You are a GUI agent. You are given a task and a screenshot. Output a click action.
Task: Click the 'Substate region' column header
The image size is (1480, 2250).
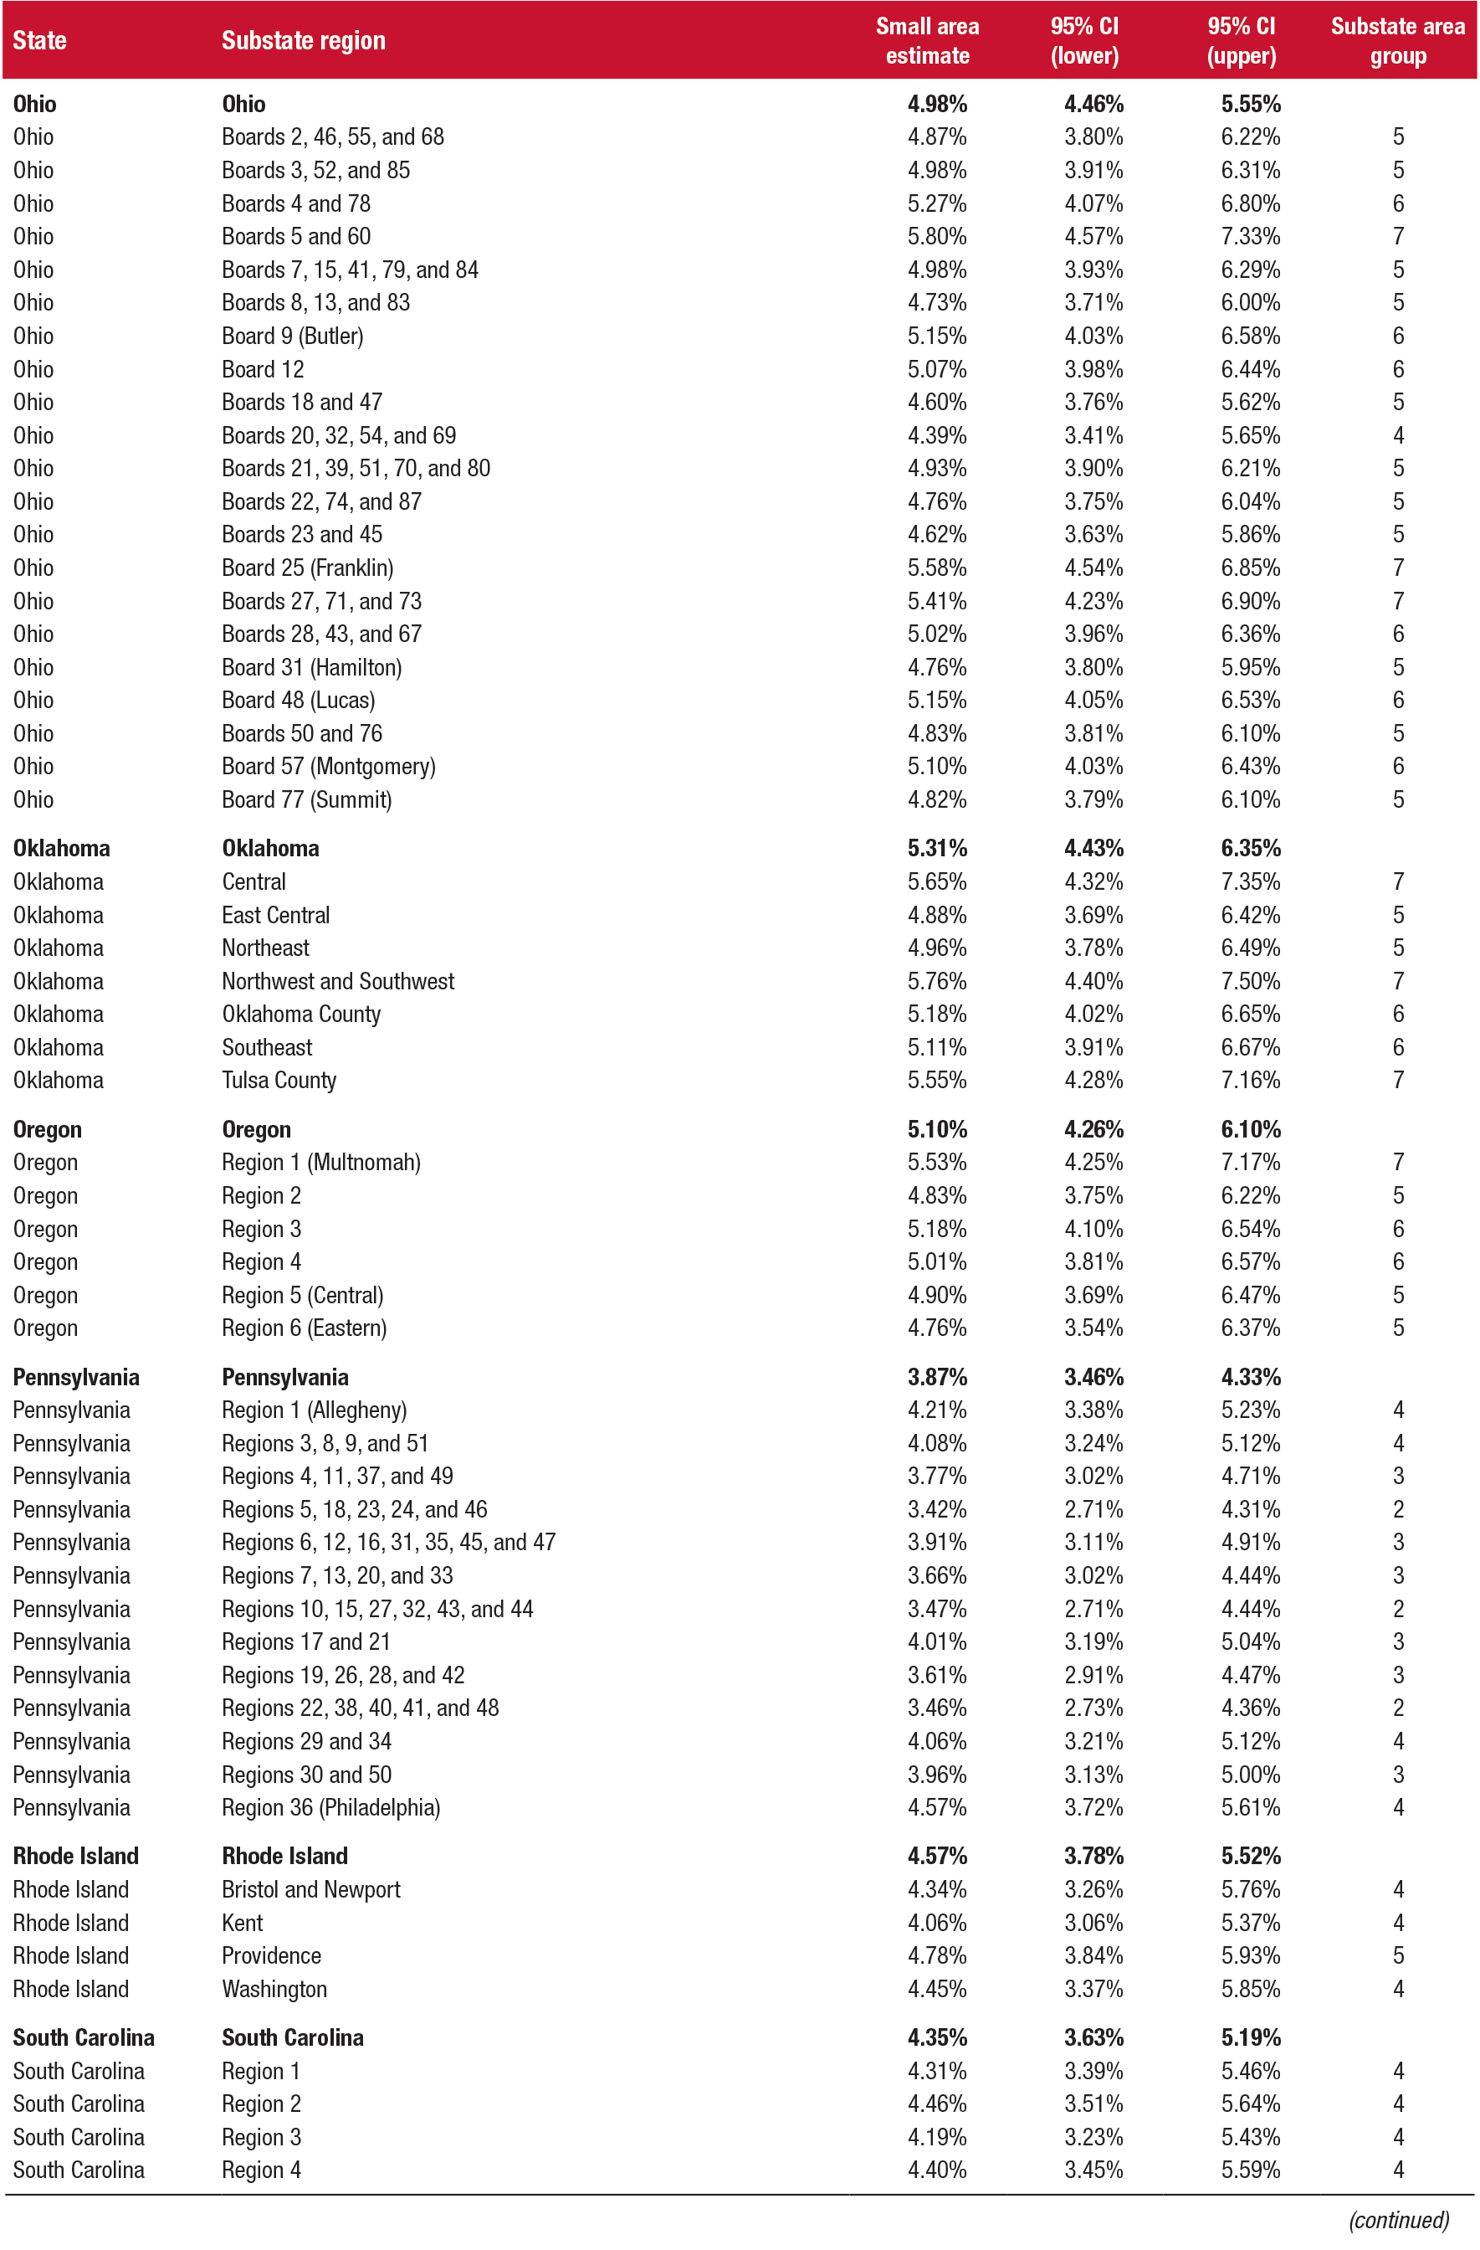304,41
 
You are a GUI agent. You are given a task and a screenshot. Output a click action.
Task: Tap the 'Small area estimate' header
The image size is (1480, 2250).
926,41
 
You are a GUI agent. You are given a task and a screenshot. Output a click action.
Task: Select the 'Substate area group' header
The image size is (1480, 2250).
1397,41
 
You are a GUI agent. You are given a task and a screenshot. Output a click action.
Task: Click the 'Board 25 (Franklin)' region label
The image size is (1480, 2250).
307,568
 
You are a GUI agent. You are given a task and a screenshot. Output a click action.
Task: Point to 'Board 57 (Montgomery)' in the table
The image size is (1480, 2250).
328,767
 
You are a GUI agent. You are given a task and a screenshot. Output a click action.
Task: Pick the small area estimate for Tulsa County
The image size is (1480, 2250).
936,1081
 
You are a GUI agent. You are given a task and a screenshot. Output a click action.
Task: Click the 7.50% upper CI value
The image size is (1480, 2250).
1249,981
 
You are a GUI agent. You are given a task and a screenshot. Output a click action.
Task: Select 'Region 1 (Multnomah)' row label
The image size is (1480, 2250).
320,1163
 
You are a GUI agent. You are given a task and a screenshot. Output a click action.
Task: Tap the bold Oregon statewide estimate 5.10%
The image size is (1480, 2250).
936,1130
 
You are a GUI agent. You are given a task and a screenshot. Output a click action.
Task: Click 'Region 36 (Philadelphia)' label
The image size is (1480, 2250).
330,1807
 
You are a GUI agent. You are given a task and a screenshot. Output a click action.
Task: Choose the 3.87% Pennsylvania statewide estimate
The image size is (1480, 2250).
936,1378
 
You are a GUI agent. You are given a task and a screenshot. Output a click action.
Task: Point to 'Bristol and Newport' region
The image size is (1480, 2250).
311,1890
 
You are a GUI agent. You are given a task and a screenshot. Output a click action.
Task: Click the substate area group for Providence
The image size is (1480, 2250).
1398,1955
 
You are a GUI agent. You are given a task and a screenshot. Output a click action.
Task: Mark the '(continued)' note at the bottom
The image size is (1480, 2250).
1398,2220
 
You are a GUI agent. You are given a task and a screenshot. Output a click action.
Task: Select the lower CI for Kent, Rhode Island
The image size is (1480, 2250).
1093,1923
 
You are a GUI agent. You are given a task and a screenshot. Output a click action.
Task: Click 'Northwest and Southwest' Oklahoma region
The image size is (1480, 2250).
337,981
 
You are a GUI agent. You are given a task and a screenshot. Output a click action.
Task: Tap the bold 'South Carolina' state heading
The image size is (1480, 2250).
83,2037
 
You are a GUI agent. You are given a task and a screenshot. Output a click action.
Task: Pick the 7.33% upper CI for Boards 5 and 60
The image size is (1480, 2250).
1249,236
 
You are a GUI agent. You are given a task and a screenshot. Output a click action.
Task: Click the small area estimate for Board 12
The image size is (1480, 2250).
936,370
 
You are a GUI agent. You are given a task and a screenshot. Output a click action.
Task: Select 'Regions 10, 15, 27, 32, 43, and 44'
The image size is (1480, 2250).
377,1609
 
